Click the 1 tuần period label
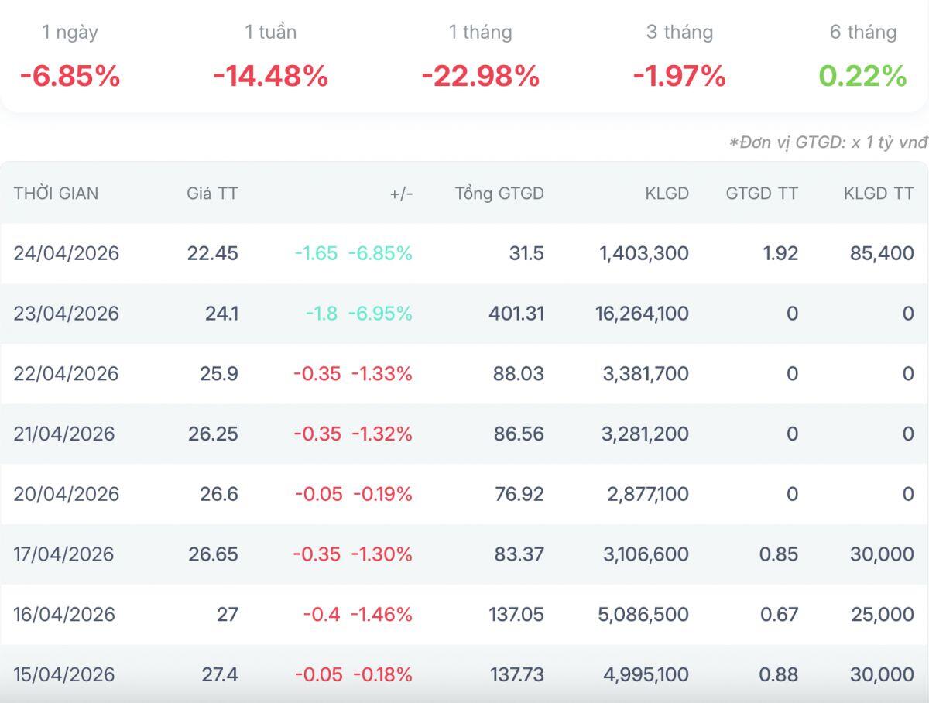270,33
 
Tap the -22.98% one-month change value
481,76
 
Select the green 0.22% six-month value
862,76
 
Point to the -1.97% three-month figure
679,76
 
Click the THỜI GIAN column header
56,194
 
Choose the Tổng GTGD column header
499,194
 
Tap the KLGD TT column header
879,194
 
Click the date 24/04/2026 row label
67,253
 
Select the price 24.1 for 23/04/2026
221,314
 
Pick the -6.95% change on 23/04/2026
380,314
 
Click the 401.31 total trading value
516,314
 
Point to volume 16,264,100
642,314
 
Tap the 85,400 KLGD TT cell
882,253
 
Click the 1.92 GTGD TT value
780,253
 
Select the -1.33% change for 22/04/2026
382,374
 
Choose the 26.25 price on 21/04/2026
214,434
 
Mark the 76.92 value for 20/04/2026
519,494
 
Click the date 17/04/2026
64,554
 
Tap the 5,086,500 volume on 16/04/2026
643,615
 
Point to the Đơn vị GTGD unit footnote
828,142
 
